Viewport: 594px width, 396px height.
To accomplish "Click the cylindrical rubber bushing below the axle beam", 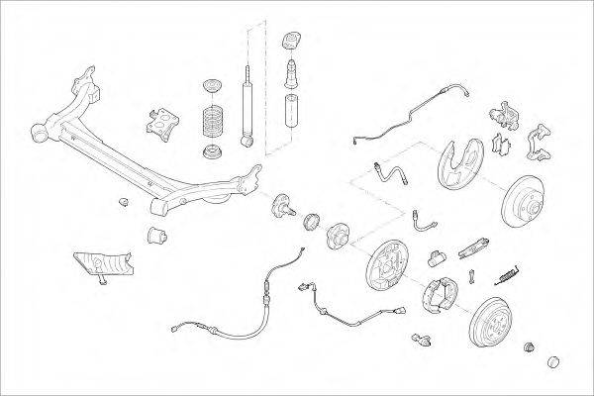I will (155, 235).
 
